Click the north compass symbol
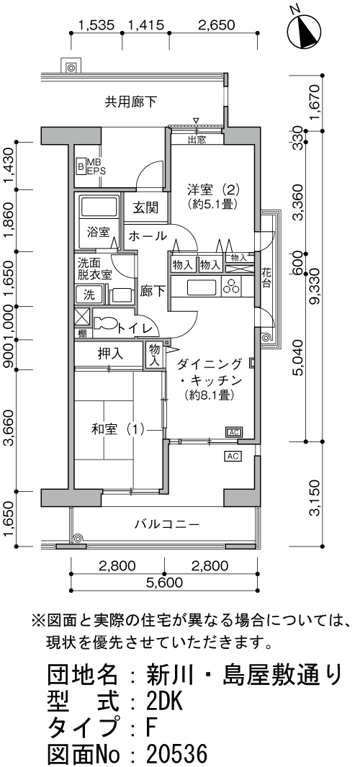pos(306,30)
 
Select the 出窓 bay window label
pos(197,140)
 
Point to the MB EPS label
pos(94,168)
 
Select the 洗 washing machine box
pos(89,294)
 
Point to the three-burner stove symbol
pos(233,287)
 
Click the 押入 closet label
pos(110,354)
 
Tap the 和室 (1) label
pos(116,430)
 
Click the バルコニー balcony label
pos(166,524)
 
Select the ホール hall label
pos(148,236)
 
